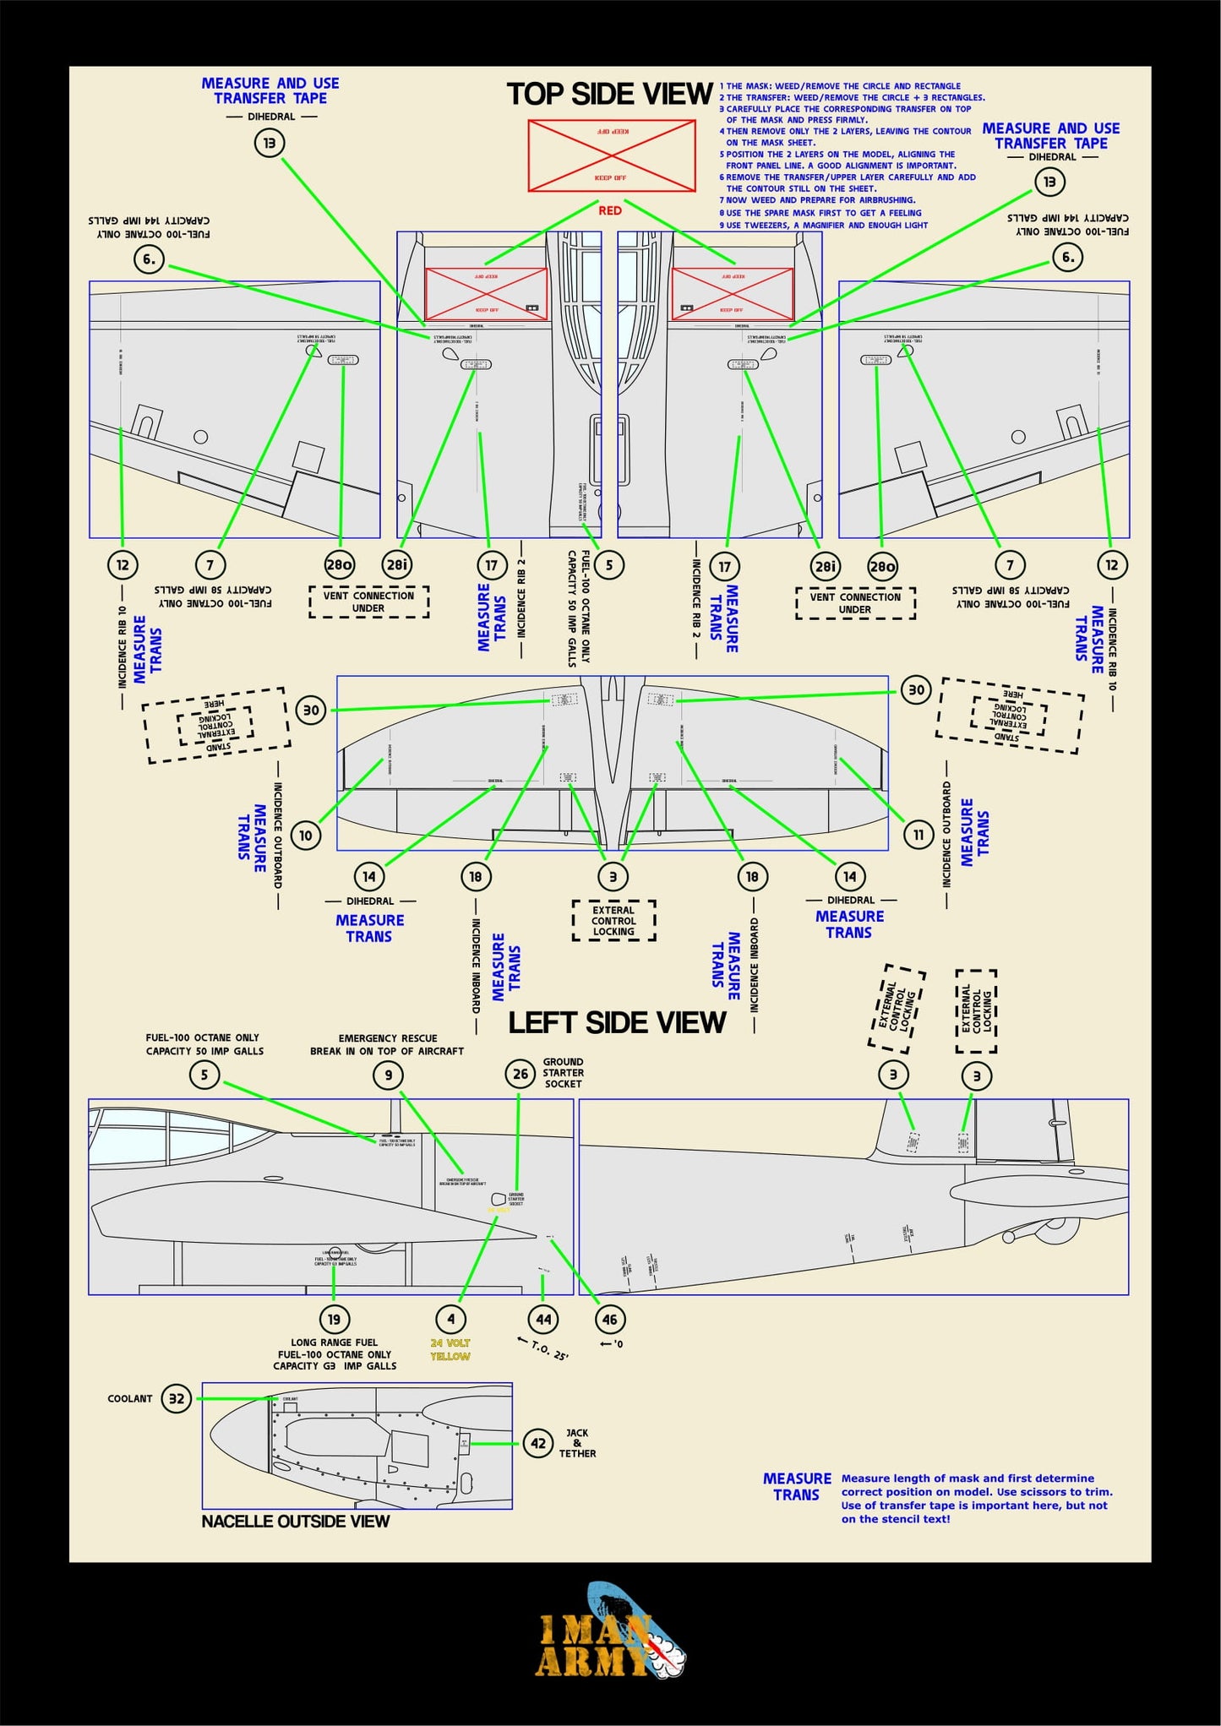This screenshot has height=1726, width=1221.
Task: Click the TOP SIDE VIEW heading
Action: (609, 94)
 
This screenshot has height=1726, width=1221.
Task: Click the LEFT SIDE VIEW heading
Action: (616, 1023)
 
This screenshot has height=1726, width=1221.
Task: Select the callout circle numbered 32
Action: (176, 1398)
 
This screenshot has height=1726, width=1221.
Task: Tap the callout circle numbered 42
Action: (538, 1443)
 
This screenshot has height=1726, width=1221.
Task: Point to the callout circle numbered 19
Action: (334, 1319)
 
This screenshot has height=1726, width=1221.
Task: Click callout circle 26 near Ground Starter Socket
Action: (521, 1074)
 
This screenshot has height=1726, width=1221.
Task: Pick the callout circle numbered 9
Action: (388, 1075)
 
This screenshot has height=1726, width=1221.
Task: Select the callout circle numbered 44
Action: (542, 1319)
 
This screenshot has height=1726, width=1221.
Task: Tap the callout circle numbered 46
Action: (609, 1319)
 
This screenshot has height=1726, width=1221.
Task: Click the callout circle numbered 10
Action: (305, 836)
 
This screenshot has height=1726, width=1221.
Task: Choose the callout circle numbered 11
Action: (918, 835)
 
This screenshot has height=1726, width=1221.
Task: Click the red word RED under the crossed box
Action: (609, 210)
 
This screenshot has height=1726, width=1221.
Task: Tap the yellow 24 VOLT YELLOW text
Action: (450, 1349)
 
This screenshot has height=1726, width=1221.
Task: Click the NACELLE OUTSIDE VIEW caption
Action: (295, 1522)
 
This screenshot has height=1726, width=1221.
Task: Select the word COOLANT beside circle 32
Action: (130, 1399)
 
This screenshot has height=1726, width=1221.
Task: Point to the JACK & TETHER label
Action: (577, 1443)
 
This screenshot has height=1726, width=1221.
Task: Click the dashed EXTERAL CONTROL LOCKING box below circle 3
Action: (613, 921)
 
